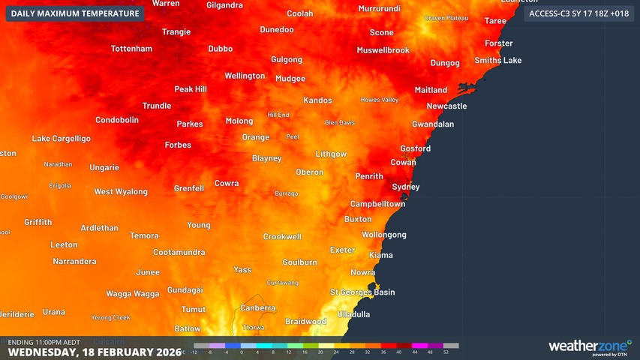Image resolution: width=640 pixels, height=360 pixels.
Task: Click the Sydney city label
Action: [406, 187]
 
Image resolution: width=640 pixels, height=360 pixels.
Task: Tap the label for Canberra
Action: [257, 308]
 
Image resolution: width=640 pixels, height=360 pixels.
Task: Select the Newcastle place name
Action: [446, 106]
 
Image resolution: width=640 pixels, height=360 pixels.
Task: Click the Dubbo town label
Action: [220, 49]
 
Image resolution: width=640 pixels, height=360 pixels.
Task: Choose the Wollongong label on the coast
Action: [384, 235]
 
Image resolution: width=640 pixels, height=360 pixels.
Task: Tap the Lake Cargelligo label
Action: [61, 139]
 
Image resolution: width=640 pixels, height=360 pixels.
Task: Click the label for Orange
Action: [255, 137]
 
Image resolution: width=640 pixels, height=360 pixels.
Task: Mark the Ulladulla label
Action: [354, 313]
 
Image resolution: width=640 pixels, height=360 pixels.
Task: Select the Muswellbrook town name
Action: [383, 50]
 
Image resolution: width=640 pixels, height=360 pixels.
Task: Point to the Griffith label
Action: [38, 222]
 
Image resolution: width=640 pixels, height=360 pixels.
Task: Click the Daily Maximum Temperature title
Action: [75, 13]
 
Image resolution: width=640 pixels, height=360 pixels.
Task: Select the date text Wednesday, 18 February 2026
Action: [94, 352]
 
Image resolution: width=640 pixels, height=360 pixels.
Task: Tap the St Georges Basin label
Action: [362, 292]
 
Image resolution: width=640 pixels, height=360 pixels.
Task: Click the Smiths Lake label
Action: [497, 60]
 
